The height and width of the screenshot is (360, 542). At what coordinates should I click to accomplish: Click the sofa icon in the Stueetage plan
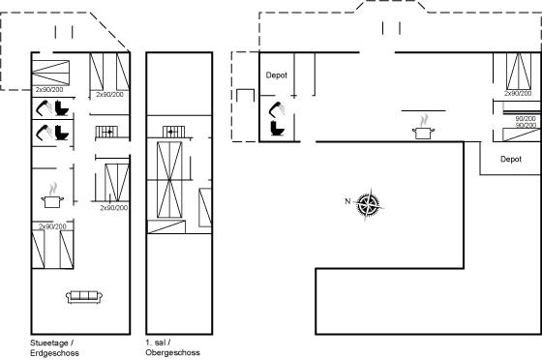pyautogui.click(x=84, y=297)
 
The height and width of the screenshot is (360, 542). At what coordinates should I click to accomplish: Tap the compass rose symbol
pyautogui.click(x=370, y=205)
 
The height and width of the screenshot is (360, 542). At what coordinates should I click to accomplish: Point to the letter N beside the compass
pyautogui.click(x=347, y=201)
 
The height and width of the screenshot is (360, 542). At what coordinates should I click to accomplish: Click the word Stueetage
pyautogui.click(x=49, y=344)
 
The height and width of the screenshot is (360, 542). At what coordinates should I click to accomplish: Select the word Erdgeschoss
pyautogui.click(x=54, y=353)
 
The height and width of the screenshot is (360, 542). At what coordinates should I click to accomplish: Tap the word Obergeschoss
pyautogui.click(x=173, y=353)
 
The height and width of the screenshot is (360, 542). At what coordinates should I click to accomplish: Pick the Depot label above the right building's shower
pyautogui.click(x=277, y=75)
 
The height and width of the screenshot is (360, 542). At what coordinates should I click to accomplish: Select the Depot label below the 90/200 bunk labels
pyautogui.click(x=511, y=159)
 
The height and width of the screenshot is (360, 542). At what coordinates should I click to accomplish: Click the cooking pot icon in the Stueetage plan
pyautogui.click(x=52, y=196)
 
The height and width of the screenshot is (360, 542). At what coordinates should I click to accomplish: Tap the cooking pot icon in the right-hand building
pyautogui.click(x=423, y=128)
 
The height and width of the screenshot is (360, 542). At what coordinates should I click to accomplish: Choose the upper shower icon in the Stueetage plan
pyautogui.click(x=44, y=107)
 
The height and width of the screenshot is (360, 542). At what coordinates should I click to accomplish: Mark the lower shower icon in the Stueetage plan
pyautogui.click(x=44, y=133)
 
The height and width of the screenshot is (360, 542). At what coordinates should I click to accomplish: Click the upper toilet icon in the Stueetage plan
pyautogui.click(x=62, y=107)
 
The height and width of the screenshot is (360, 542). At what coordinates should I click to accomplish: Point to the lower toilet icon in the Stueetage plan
pyautogui.click(x=62, y=133)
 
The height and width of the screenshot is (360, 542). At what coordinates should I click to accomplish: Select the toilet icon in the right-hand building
pyautogui.click(x=277, y=128)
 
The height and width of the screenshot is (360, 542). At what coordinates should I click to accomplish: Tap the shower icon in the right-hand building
pyautogui.click(x=277, y=109)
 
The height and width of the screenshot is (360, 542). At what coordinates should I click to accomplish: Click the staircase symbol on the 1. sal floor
pyautogui.click(x=173, y=132)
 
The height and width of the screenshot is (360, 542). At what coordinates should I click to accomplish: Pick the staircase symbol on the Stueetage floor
pyautogui.click(x=106, y=132)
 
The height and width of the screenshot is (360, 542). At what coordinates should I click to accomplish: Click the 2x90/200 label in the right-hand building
pyautogui.click(x=518, y=94)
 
